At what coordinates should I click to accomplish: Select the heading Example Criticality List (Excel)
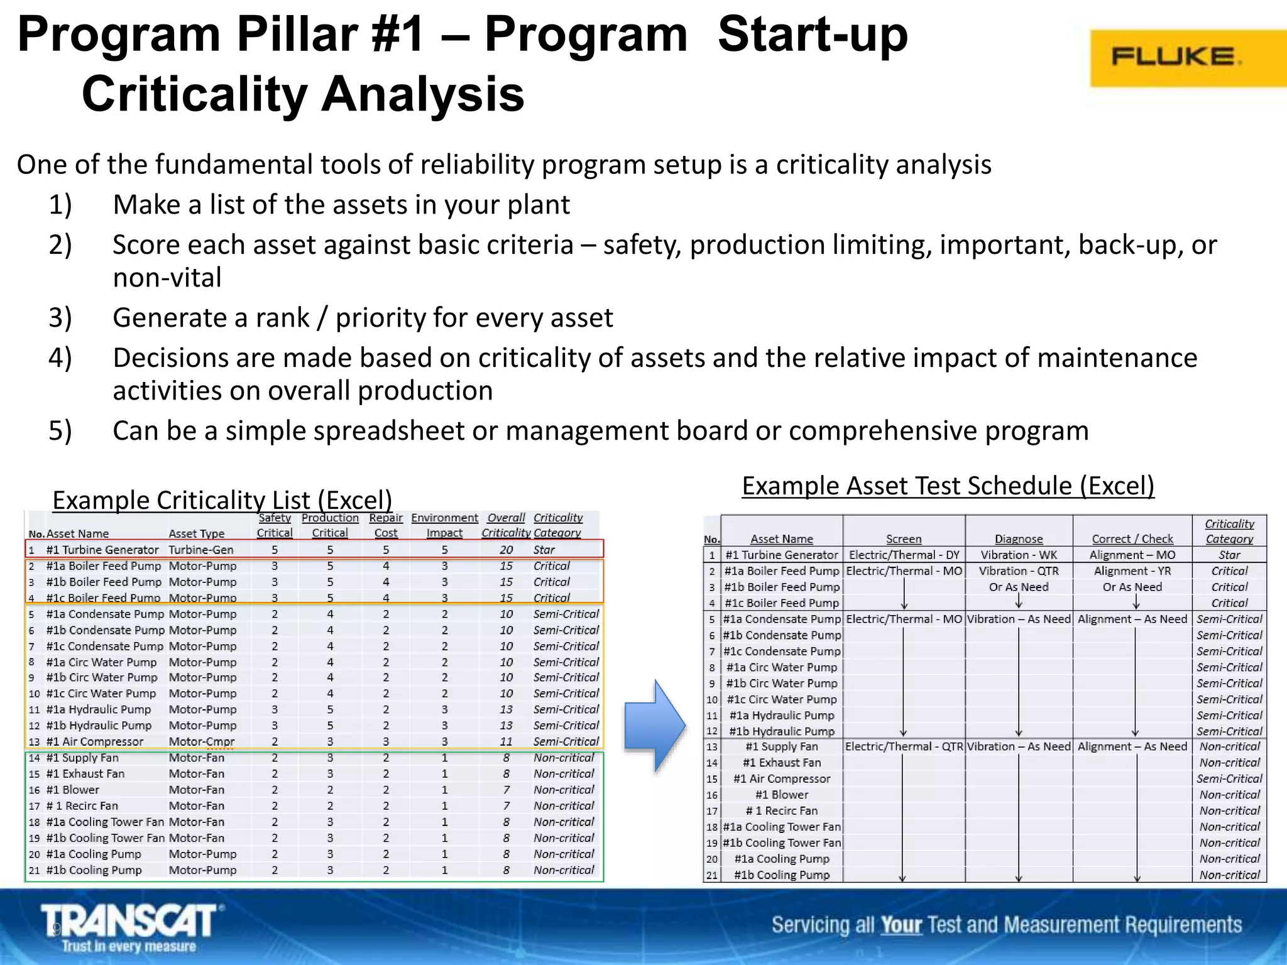[222, 500]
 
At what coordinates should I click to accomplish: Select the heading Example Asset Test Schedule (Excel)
[948, 486]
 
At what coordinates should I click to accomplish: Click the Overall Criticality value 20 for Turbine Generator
[506, 550]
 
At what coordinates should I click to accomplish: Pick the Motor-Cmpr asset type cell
[201, 742]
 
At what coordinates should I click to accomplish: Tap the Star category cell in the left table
[544, 550]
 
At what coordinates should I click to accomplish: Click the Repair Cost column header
[386, 525]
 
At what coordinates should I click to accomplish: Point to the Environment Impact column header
[444, 525]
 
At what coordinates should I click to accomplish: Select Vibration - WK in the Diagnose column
[1019, 555]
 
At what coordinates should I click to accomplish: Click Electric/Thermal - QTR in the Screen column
[904, 746]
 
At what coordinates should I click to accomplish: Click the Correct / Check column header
[1132, 539]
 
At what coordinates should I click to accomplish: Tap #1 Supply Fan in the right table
[781, 746]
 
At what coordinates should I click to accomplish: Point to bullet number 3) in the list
[60, 317]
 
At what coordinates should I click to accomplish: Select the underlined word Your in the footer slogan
[901, 925]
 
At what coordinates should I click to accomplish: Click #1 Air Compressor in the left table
[94, 742]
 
